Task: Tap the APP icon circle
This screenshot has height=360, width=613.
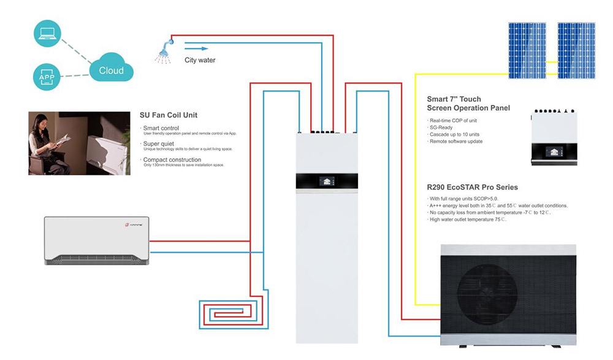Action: point(47,77)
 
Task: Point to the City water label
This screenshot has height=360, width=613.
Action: point(200,60)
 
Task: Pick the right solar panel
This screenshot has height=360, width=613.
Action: point(576,51)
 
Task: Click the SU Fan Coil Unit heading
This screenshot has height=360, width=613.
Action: point(169,115)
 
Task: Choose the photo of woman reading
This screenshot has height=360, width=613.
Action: point(79,144)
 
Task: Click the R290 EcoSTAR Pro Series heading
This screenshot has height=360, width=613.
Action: point(472,187)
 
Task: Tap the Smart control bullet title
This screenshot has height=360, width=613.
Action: point(161,128)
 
